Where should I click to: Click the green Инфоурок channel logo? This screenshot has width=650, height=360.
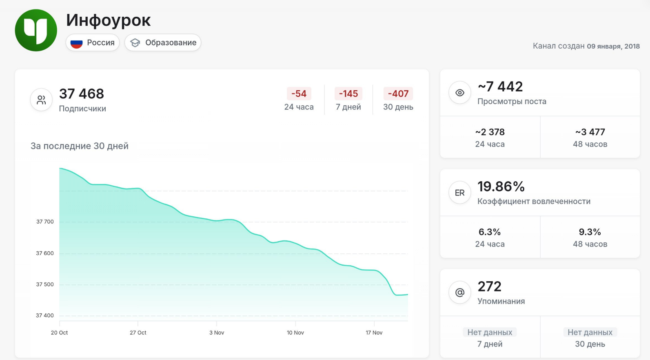(36, 30)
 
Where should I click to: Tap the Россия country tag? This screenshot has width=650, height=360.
(93, 42)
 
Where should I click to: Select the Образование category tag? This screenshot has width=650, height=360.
(163, 42)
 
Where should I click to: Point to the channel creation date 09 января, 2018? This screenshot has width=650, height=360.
(613, 46)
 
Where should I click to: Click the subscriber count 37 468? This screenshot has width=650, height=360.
(82, 94)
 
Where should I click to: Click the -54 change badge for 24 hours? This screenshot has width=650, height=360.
(299, 93)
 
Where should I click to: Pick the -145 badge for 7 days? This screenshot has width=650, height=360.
(348, 93)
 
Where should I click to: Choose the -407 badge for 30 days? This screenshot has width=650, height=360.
(398, 93)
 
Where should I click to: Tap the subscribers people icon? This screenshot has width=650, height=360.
(41, 100)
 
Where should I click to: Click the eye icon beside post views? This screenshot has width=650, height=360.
(460, 93)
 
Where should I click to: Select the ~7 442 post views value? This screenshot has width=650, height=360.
(500, 87)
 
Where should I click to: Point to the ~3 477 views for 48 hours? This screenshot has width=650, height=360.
(590, 132)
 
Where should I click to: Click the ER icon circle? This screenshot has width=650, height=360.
(460, 193)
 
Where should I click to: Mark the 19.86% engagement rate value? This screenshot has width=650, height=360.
(501, 187)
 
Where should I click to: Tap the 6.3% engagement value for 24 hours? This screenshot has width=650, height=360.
(490, 232)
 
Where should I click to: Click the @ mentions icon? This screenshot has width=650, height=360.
(460, 293)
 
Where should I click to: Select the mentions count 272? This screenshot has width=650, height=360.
(489, 287)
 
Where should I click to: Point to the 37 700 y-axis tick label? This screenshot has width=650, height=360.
(45, 222)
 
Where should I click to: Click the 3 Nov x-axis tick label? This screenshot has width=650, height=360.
(217, 333)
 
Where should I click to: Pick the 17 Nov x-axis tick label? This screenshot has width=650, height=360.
(374, 333)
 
